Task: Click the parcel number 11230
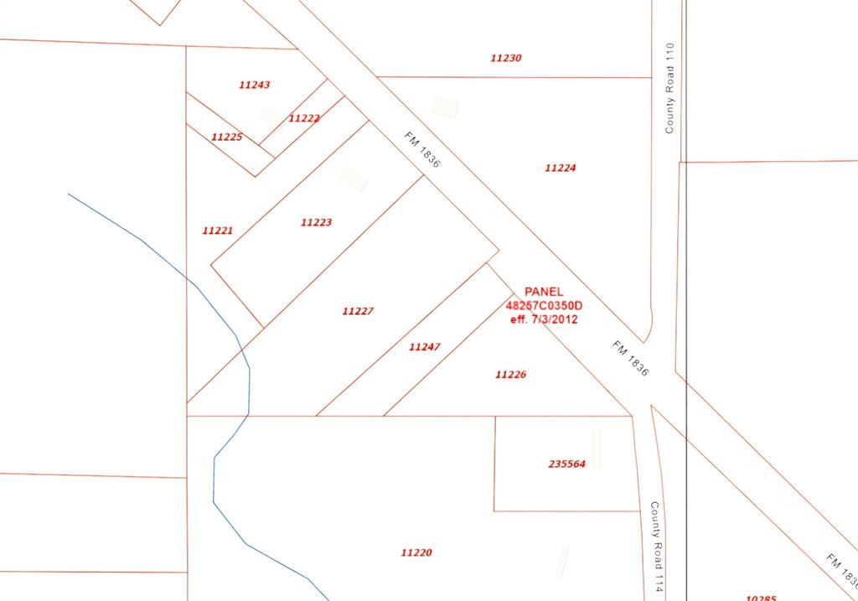click(506, 59)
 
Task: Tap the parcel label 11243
click(254, 85)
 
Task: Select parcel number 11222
click(304, 119)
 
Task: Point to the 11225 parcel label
click(226, 137)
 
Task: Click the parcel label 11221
click(217, 231)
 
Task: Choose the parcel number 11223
click(316, 222)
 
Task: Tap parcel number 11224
click(560, 168)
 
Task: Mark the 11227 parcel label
click(358, 312)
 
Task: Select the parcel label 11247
click(424, 347)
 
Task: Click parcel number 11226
click(510, 375)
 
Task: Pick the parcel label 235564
click(566, 464)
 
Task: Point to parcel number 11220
click(416, 553)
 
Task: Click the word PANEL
click(544, 292)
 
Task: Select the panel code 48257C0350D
click(544, 305)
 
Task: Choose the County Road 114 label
click(659, 547)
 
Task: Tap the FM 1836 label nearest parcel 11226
click(630, 358)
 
